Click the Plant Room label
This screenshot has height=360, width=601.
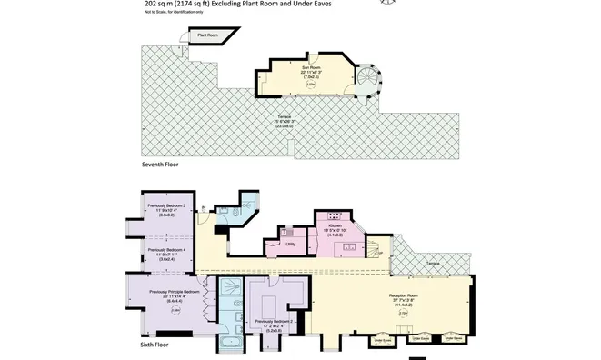tap(208, 35)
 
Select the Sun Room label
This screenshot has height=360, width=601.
tap(312, 68)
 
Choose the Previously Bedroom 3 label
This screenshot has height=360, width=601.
tap(166, 206)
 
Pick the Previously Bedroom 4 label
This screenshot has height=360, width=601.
tap(166, 249)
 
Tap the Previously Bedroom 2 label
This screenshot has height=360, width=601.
tap(276, 321)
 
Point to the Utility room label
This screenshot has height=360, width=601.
tap(290, 245)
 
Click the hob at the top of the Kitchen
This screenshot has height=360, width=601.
tap(330, 215)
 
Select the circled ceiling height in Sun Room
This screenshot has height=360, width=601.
tap(311, 85)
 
